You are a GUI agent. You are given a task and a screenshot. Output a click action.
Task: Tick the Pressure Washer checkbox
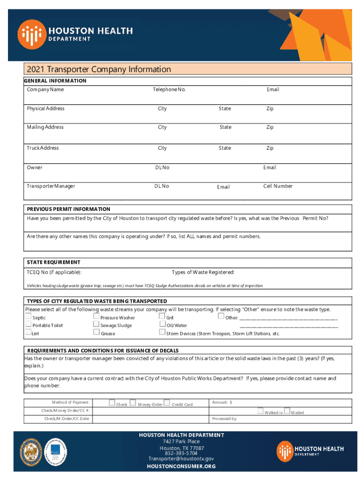pos(96,317)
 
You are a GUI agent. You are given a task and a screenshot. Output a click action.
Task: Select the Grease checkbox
pos(96,333)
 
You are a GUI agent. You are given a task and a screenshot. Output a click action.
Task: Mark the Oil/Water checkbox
pos(162,325)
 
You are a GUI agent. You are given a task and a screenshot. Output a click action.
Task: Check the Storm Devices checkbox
pos(162,333)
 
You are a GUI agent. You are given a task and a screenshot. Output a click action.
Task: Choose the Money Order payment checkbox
pos(133,403)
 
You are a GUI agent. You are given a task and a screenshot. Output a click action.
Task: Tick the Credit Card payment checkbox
pos(167,403)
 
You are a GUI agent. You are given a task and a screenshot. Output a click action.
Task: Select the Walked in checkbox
pos(260,411)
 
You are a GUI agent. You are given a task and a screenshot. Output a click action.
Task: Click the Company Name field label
pos(45,89)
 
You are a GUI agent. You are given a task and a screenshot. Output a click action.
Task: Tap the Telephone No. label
pos(169,89)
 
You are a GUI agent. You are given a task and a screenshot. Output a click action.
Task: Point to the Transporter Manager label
pos(51,186)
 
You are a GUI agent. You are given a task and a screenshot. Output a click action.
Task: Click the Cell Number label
pos(278,186)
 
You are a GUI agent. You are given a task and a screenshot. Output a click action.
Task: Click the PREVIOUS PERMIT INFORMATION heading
pos(68,209)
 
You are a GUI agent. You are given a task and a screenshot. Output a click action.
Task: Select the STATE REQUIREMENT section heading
pos(53,262)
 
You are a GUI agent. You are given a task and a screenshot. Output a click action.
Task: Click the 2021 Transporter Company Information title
pos(99,70)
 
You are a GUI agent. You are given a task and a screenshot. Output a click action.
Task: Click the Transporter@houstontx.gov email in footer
pos(181,459)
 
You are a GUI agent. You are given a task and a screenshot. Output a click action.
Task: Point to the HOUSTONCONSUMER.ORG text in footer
pos(181,466)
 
